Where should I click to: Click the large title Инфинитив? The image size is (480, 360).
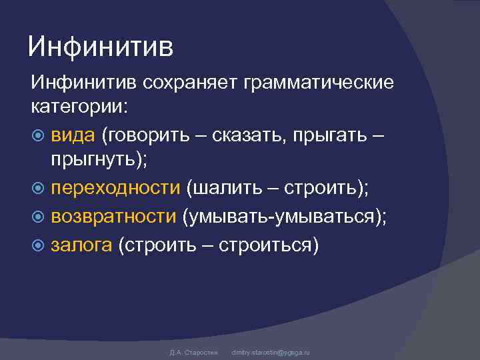(x=101, y=47)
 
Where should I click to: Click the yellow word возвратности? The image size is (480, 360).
(x=114, y=217)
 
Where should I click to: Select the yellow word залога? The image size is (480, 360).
(x=81, y=245)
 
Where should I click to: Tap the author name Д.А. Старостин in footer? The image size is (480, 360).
(x=189, y=352)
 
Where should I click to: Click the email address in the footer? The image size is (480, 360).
(x=270, y=352)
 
